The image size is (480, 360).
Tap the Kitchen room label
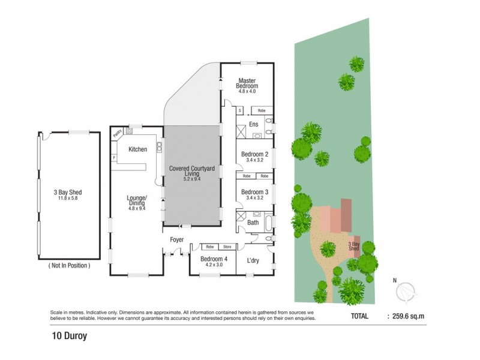pyautogui.click(x=137, y=149)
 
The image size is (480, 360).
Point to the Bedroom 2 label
pyautogui.click(x=254, y=154)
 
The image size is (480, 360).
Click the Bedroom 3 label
pyautogui.click(x=254, y=192)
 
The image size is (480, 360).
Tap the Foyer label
pyautogui.click(x=176, y=239)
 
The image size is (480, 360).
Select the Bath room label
pyautogui.click(x=253, y=223)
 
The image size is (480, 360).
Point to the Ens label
pyautogui.click(x=254, y=125)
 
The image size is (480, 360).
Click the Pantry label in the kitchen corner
pyautogui.click(x=118, y=133)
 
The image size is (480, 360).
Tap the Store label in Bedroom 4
pyautogui.click(x=227, y=247)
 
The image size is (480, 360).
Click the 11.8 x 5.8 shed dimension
pyautogui.click(x=68, y=199)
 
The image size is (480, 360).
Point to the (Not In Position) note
pyautogui.click(x=68, y=265)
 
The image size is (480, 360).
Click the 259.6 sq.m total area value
pyautogui.click(x=407, y=316)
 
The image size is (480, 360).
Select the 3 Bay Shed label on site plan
pyautogui.click(x=355, y=247)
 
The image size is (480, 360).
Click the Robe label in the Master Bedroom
pyautogui.click(x=262, y=111)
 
